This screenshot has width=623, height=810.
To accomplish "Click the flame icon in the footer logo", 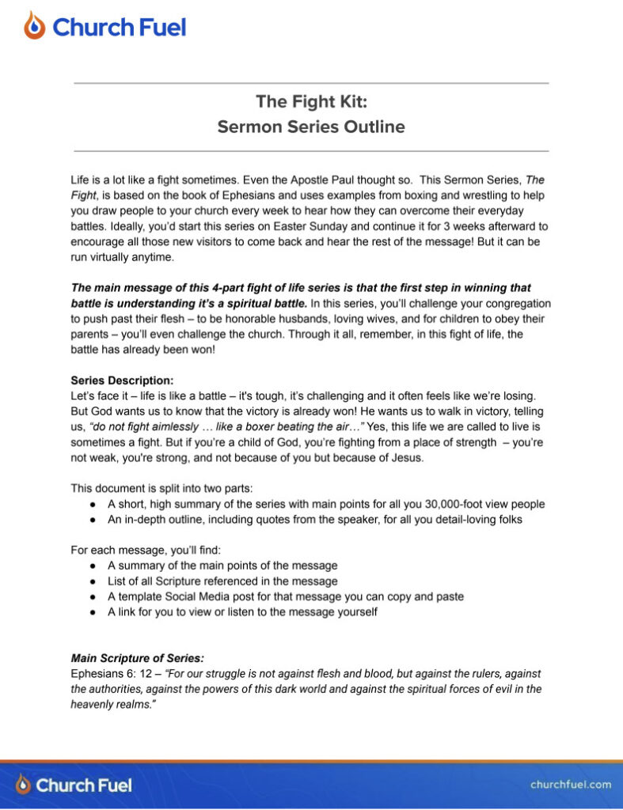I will [24, 785].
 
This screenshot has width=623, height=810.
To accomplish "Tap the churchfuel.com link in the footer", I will [571, 785].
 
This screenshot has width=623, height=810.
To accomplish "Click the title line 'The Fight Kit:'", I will [311, 102].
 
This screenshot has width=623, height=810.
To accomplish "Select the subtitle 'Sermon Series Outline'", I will [311, 127].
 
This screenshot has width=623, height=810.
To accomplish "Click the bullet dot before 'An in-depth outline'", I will [93, 520].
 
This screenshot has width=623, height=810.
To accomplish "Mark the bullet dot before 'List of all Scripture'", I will [93, 581].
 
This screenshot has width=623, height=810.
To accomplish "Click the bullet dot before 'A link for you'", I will [93, 612].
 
